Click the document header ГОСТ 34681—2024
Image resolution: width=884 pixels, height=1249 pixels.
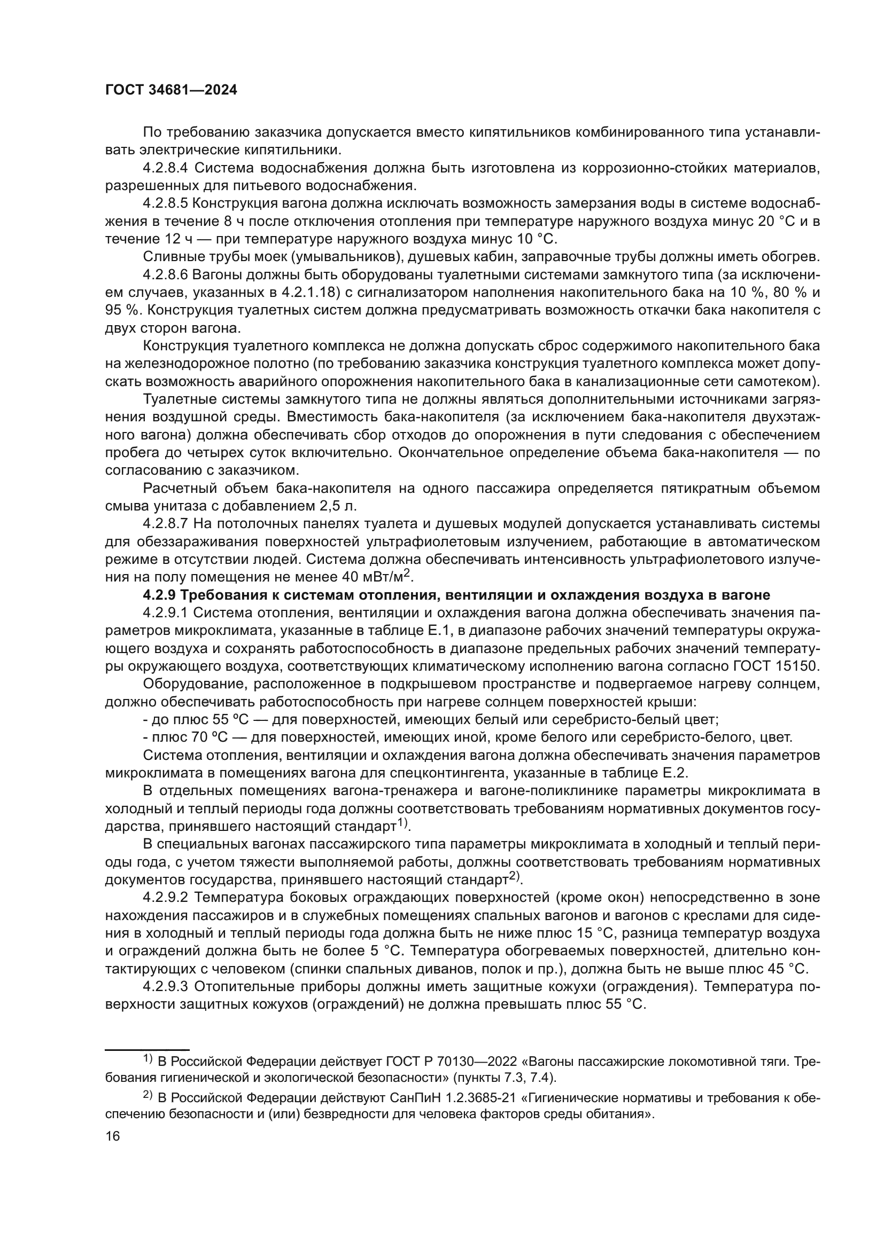(171, 90)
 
